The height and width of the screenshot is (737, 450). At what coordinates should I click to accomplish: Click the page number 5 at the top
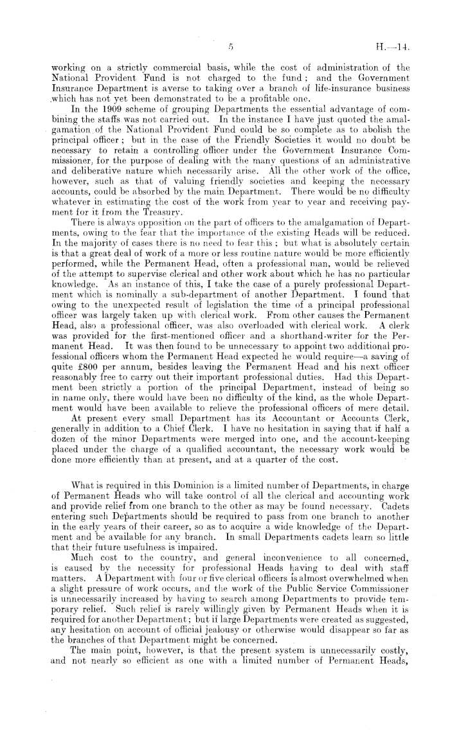(x=229, y=46)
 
